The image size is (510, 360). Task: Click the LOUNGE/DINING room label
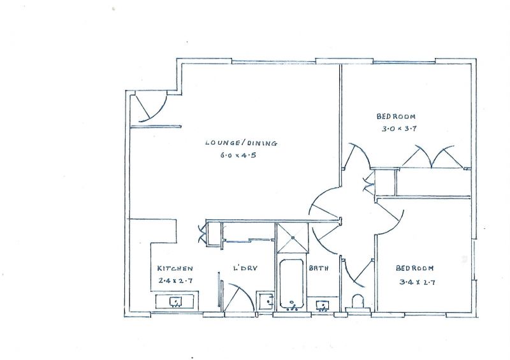[x=241, y=143]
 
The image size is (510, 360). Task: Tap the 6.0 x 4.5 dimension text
[x=238, y=155]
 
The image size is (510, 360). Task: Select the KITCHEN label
[x=175, y=268]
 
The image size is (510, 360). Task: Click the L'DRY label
[x=245, y=268]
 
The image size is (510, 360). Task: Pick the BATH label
[x=319, y=268]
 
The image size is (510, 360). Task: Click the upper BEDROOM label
[x=396, y=116]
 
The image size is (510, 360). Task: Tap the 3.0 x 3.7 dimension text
[x=399, y=129]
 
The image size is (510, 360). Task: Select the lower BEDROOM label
[x=415, y=268]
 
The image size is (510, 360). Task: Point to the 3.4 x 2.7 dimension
[x=418, y=282]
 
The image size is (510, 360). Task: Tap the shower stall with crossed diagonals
[x=292, y=238]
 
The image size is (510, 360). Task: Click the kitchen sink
[x=176, y=302]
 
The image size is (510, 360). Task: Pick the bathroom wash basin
[x=323, y=306]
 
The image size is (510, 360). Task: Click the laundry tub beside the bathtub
[x=265, y=302]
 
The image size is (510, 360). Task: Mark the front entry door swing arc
[x=161, y=110]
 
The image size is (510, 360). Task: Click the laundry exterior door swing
[x=245, y=292]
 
